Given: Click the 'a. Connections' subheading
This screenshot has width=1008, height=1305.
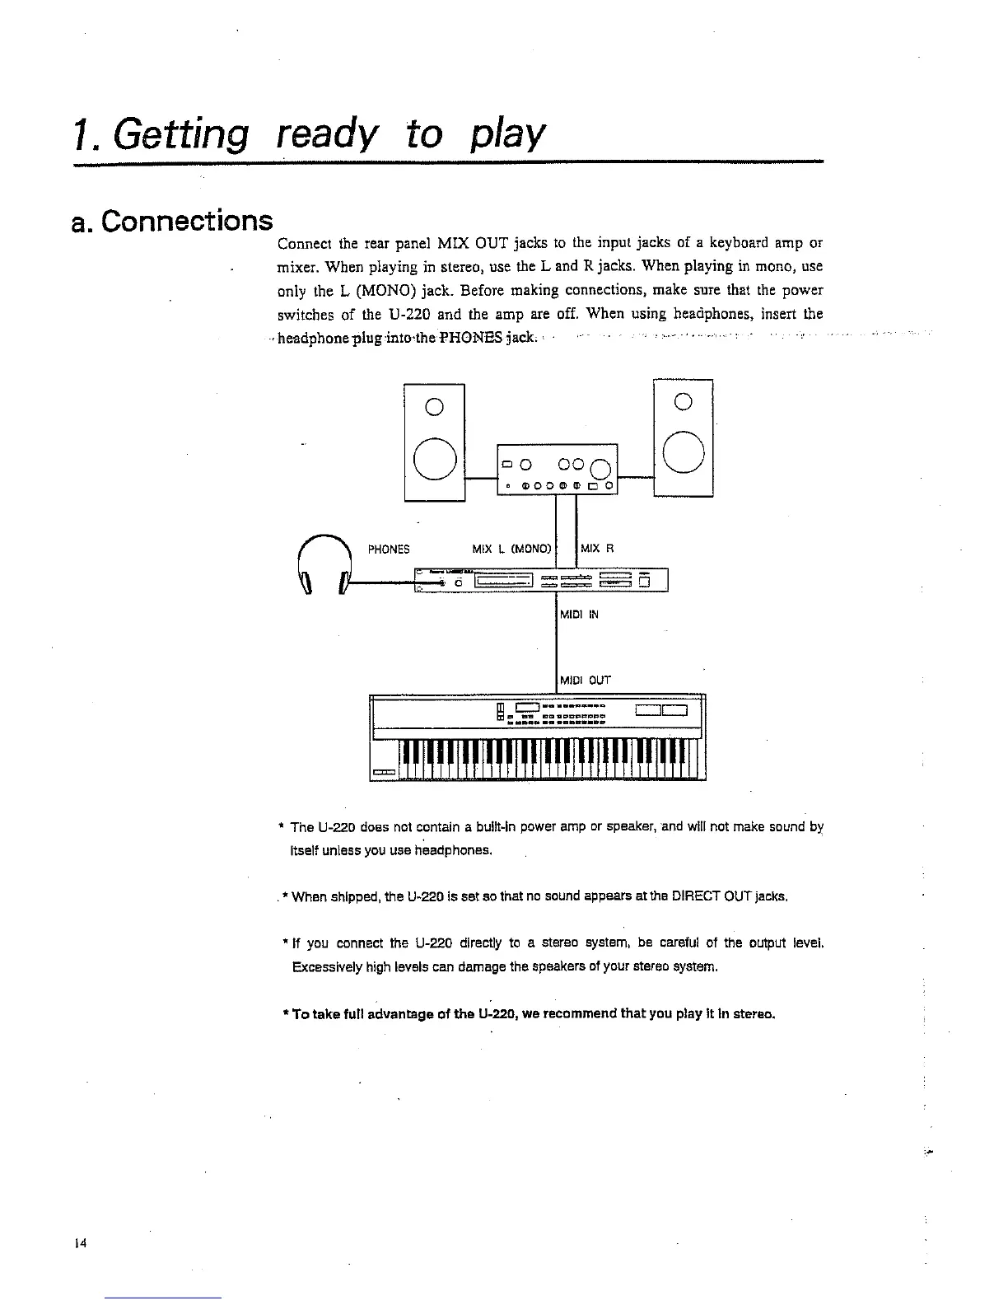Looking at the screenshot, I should click(x=172, y=221).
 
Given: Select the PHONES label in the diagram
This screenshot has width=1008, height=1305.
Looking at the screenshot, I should click(x=389, y=550).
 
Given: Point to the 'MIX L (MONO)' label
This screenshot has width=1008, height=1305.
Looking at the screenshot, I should click(x=511, y=550).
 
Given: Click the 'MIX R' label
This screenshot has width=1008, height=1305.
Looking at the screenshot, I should click(x=598, y=550).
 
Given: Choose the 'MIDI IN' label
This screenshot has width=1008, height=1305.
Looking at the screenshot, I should click(x=579, y=615).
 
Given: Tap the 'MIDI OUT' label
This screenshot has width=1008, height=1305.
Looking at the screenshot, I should click(x=585, y=681).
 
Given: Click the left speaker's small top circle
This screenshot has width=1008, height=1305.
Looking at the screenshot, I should click(x=435, y=405).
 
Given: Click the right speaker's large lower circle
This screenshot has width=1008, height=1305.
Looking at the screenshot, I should click(x=684, y=453).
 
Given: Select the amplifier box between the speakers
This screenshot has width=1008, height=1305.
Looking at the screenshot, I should click(x=558, y=468).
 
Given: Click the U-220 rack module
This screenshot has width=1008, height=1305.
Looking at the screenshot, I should click(x=544, y=581).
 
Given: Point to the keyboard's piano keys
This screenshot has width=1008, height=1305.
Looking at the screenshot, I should click(x=548, y=759).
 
